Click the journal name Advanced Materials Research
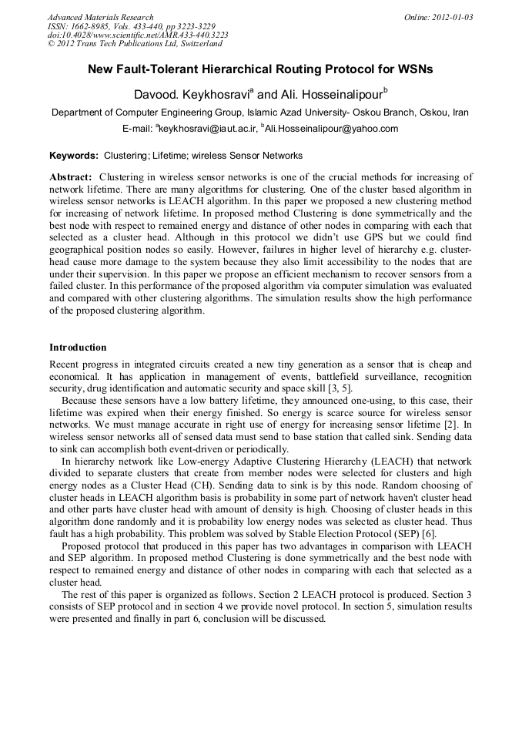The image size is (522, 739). [100, 17]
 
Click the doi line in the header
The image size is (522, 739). [138, 35]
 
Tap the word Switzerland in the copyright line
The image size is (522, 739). [196, 44]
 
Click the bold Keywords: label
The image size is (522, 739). [74, 156]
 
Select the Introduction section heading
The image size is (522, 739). [78, 348]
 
